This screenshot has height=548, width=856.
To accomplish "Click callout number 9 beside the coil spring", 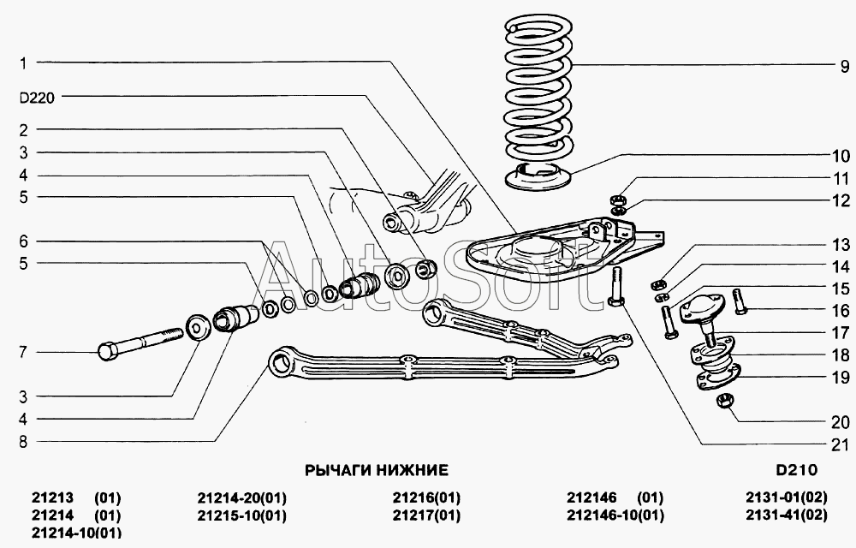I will click(842, 66).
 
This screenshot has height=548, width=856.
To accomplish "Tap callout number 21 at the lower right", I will click(839, 444).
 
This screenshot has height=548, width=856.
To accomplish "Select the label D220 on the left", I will click(36, 98).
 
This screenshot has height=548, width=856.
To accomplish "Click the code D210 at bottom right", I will click(797, 470).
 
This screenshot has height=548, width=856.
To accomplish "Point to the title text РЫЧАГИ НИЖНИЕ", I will click(377, 470).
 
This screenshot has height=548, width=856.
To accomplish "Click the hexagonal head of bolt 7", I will click(108, 351).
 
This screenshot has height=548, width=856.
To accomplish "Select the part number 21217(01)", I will click(426, 515).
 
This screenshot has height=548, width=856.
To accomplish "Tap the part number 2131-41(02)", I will click(787, 515).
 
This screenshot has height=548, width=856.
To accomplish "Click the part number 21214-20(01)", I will click(241, 497).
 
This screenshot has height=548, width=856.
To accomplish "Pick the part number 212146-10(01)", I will click(615, 515).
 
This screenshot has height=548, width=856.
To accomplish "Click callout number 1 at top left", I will click(24, 63).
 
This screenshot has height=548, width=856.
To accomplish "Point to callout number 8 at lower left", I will click(24, 442).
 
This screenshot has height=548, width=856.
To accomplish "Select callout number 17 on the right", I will click(840, 331).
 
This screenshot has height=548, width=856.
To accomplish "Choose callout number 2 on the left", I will click(24, 130).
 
